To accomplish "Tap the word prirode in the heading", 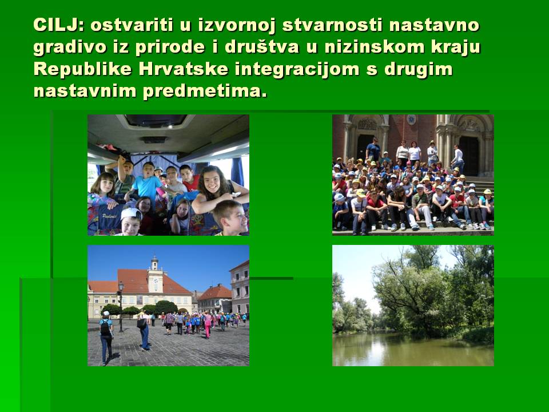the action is [x=170, y=48].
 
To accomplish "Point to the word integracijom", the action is [x=297, y=70].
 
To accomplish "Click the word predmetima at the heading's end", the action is [x=205, y=92].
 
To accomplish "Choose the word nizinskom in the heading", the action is [x=374, y=47].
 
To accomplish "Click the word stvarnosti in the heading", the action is [x=332, y=25].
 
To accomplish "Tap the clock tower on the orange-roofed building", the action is [x=155, y=277].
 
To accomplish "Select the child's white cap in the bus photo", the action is [x=131, y=213].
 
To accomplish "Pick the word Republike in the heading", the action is [x=82, y=70].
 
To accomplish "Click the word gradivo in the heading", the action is [x=70, y=48].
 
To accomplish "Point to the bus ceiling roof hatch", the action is [x=156, y=121].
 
